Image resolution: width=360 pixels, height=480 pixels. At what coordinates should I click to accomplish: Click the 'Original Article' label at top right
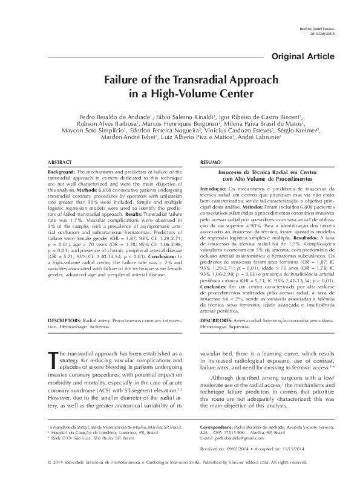click(307, 56)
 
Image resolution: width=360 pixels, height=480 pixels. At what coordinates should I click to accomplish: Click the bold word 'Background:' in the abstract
click(60, 172)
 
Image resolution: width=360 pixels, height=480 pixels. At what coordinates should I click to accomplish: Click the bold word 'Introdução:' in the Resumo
click(212, 189)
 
